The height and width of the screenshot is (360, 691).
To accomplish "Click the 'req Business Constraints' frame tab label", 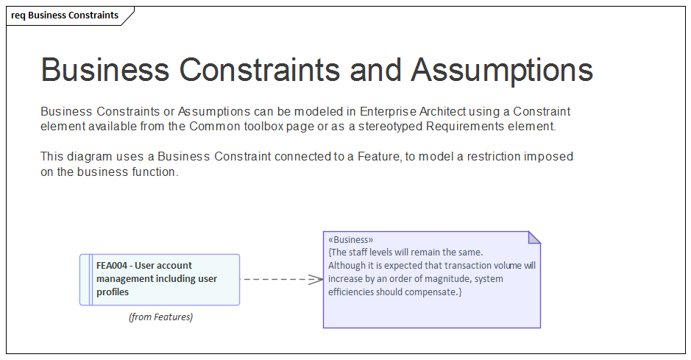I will pyautogui.click(x=65, y=15).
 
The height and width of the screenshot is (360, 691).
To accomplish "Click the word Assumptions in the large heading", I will pyautogui.click(x=502, y=70).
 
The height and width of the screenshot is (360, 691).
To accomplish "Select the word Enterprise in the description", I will pyautogui.click(x=388, y=112).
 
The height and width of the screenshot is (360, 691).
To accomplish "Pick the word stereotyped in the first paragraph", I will pyautogui.click(x=389, y=127).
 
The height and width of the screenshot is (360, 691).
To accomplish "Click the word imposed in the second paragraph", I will pyautogui.click(x=526, y=157).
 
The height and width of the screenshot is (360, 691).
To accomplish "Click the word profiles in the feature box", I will pyautogui.click(x=113, y=292).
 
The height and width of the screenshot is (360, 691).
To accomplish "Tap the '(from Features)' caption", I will pyautogui.click(x=160, y=317).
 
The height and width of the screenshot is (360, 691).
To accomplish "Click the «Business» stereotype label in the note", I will pyautogui.click(x=350, y=239).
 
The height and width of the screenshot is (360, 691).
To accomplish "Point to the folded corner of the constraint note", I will pyautogui.click(x=534, y=237).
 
